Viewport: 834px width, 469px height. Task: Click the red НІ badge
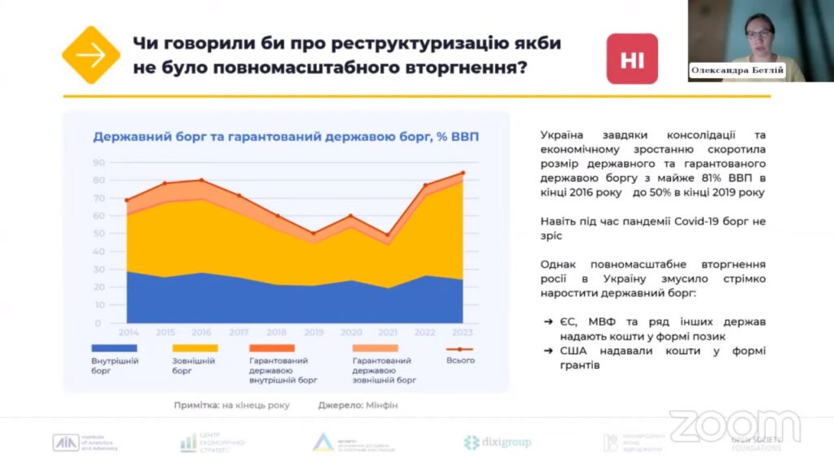pos(632,59)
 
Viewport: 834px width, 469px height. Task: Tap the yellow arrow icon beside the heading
pos(91,55)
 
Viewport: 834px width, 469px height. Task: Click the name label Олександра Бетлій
pos(737,71)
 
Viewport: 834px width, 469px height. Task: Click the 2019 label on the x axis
pos(313,332)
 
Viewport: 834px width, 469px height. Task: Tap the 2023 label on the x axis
pos(463,332)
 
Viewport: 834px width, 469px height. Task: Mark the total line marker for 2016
pos(201,180)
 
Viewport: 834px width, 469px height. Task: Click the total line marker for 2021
pos(388,234)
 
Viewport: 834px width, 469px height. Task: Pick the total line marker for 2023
pos(463,173)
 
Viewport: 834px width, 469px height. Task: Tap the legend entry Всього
pos(460,360)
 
